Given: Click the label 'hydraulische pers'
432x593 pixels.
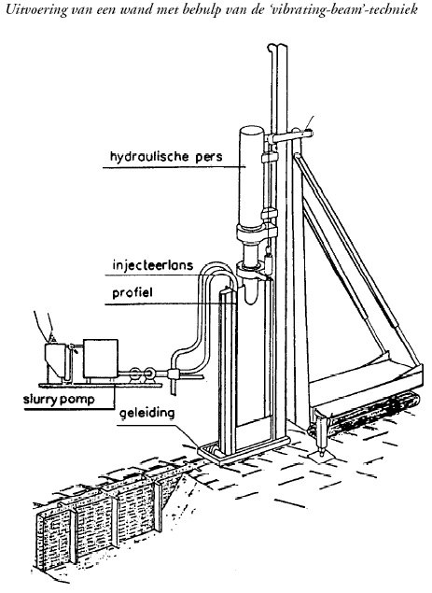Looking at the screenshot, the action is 166,156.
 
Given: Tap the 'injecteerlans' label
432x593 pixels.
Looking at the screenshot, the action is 153,265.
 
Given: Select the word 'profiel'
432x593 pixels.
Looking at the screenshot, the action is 132,292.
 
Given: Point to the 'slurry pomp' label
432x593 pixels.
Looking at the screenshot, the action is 59,400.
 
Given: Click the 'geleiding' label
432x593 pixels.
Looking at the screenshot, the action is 147,413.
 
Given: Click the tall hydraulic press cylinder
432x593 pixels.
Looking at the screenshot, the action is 251,177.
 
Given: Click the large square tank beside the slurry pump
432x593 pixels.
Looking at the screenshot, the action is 101,359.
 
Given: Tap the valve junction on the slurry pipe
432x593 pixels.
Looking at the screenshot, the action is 174,374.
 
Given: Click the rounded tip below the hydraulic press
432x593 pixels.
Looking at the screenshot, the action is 250,292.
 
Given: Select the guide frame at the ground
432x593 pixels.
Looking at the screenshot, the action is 242,448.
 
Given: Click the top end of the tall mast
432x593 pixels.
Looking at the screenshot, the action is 277,47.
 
